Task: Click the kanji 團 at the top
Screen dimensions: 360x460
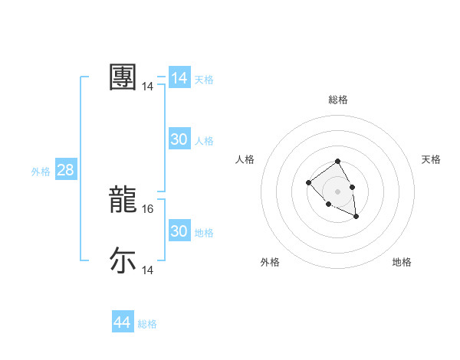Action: [x=123, y=77]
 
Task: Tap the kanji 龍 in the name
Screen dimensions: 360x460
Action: [x=123, y=199]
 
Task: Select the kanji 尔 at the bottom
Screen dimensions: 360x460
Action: [x=123, y=260]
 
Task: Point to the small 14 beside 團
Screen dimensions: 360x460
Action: [x=148, y=87]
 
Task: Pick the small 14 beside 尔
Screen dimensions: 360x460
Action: [x=148, y=270]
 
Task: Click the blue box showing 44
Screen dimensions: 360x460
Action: [x=122, y=322]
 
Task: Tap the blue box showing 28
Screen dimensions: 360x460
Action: [x=65, y=170]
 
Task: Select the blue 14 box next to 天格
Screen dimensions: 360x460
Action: [x=179, y=78]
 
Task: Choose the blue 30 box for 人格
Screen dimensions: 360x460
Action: [x=179, y=139]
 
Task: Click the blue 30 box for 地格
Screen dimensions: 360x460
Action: [x=179, y=231]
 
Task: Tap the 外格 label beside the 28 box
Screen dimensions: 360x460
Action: [x=41, y=172]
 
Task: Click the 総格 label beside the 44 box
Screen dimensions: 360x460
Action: [x=147, y=324]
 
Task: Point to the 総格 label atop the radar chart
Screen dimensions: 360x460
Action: [x=338, y=100]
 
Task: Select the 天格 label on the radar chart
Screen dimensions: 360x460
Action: [x=431, y=159]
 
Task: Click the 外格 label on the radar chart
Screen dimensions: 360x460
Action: [x=270, y=262]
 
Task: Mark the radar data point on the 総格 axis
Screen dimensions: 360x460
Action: [x=338, y=162]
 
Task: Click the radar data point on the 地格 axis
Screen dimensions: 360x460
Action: [x=356, y=217]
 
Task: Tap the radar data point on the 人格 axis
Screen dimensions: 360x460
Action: [x=308, y=182]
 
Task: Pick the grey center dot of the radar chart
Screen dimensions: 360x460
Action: [x=338, y=191]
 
